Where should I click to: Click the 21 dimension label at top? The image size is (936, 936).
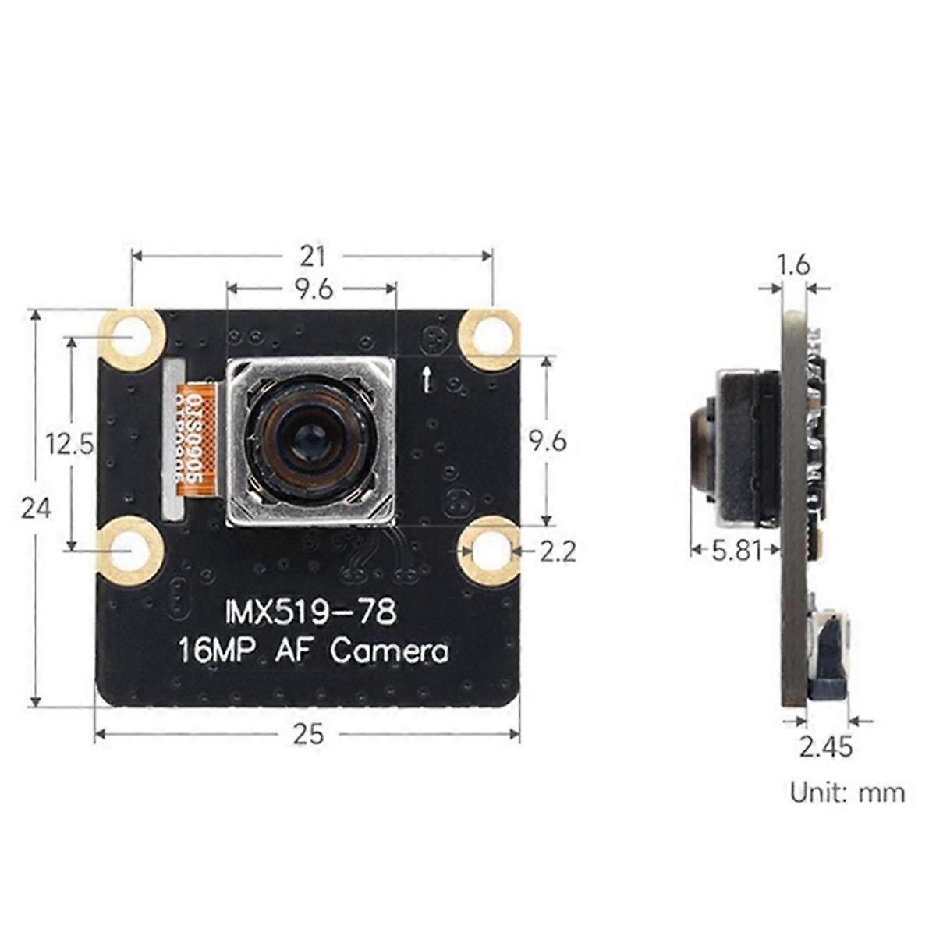click(x=311, y=255)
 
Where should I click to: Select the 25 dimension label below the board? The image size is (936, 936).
click(x=308, y=734)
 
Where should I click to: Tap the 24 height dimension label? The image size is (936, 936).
click(x=36, y=509)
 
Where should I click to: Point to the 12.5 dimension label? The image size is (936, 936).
click(x=69, y=445)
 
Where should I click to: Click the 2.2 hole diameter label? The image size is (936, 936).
click(x=558, y=551)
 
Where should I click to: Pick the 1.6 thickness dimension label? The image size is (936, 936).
click(x=794, y=265)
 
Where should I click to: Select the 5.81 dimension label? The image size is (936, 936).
click(x=736, y=551)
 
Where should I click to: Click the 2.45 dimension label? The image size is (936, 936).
click(x=826, y=746)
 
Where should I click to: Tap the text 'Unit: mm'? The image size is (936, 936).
click(x=847, y=792)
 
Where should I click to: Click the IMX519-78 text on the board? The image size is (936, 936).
click(x=310, y=612)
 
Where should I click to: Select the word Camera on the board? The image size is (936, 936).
click(x=390, y=651)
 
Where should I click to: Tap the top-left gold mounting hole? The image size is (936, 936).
click(x=132, y=338)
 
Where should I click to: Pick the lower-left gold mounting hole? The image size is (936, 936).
click(x=129, y=551)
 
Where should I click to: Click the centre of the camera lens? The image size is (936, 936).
click(x=309, y=441)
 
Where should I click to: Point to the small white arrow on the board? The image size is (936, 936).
click(x=426, y=378)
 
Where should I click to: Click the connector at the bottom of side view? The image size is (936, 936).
click(x=828, y=655)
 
